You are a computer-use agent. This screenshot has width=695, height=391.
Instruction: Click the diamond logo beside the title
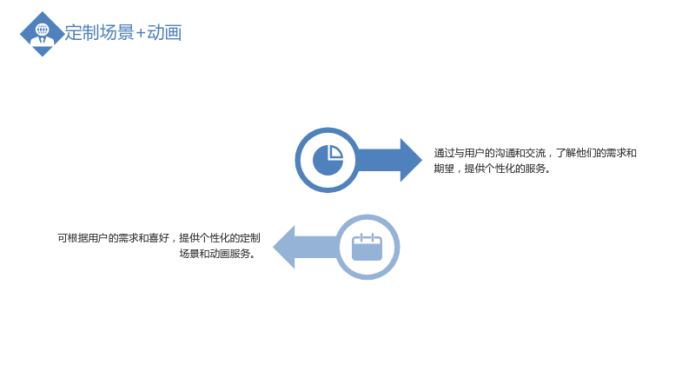point(42,34)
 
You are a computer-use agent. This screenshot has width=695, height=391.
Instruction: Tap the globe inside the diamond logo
point(43,30)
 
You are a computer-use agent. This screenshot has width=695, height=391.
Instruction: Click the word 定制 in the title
point(82,33)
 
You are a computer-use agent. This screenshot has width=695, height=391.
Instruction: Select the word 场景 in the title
point(116,33)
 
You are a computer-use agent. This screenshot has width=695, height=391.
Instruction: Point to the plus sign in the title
point(141,34)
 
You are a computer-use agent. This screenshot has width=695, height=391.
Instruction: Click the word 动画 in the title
point(164,33)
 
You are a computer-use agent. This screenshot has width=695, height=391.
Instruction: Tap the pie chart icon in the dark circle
point(328,160)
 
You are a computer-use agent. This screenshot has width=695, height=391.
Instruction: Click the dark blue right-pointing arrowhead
point(411,160)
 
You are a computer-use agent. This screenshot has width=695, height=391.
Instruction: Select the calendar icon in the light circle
point(367,247)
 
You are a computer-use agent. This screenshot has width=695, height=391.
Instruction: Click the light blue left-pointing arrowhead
point(284,247)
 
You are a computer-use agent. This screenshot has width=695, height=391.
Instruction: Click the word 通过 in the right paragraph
point(444,153)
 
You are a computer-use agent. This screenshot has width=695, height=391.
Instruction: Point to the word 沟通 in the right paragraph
point(505,153)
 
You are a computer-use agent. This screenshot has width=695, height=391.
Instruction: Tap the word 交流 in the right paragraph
point(535,153)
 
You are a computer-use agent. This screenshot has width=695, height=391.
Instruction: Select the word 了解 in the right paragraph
point(566,153)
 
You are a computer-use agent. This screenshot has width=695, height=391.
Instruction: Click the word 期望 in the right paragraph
point(444,169)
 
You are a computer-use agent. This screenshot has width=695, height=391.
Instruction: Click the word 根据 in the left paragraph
point(77,238)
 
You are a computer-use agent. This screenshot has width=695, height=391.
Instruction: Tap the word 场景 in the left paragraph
point(189,254)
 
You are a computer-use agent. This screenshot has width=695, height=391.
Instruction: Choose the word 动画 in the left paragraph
point(220,254)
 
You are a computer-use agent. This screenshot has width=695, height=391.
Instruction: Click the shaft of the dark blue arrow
point(379,160)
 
